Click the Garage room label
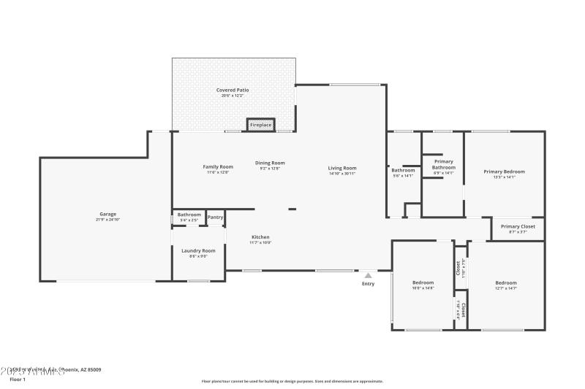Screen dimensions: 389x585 pyautogui.click(x=108, y=215)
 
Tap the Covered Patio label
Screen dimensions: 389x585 pyautogui.click(x=233, y=90)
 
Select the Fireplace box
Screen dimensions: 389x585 pyautogui.click(x=261, y=125)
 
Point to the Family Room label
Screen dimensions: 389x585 pyautogui.click(x=217, y=167)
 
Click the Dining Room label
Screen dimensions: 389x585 pyautogui.click(x=270, y=163)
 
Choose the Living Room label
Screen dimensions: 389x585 pyautogui.click(x=342, y=169)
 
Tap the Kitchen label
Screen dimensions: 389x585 pyautogui.click(x=261, y=237)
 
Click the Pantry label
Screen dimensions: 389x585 pyautogui.click(x=215, y=217)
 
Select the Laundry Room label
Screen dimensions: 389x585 pyautogui.click(x=198, y=250)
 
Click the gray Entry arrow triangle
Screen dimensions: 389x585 pyautogui.click(x=368, y=275)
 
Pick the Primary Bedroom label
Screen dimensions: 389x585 pyautogui.click(x=504, y=172)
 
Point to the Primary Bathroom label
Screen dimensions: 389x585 pyautogui.click(x=443, y=164)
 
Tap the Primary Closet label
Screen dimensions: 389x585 pyautogui.click(x=518, y=226)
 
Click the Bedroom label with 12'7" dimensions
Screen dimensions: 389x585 pyautogui.click(x=505, y=282)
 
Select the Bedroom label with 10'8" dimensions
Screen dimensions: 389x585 pyautogui.click(x=423, y=282)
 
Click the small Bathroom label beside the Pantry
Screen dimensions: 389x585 pyautogui.click(x=189, y=215)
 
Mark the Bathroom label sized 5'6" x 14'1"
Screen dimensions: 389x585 pyautogui.click(x=403, y=170)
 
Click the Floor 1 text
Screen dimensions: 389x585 pyautogui.click(x=18, y=380)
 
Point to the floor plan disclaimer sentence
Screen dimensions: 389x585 pyautogui.click(x=292, y=381)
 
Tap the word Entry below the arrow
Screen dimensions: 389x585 pyautogui.click(x=368, y=284)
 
